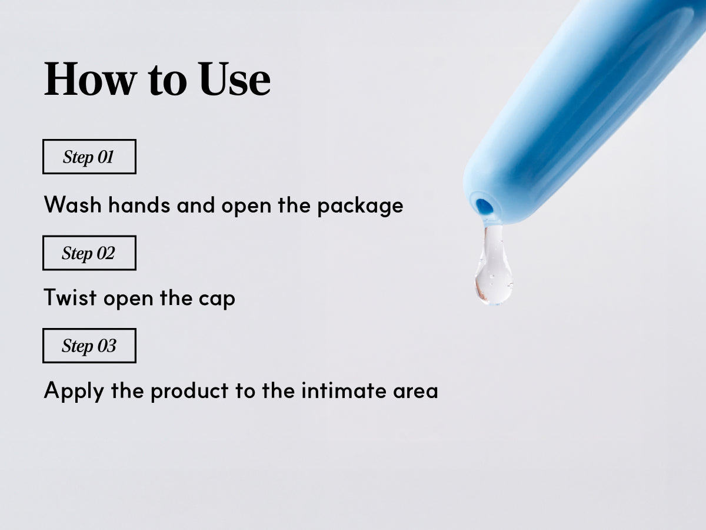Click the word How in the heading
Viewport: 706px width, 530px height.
point(91,79)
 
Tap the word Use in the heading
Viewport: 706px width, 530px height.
point(235,79)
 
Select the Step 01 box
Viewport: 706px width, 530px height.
point(89,157)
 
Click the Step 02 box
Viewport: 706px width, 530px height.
point(89,253)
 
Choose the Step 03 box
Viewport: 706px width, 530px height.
point(89,346)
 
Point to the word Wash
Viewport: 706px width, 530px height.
point(73,204)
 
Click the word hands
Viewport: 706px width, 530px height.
point(139,204)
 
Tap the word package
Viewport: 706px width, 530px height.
point(360,206)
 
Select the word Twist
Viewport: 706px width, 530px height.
point(70,297)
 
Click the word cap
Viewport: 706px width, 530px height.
point(217,299)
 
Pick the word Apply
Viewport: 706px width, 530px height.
point(74,392)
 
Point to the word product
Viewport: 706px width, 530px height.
point(190,392)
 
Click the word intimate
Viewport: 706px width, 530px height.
point(344,390)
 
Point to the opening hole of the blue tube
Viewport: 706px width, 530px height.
point(484,207)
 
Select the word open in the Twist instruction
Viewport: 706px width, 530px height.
point(128,299)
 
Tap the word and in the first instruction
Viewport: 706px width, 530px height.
point(195,204)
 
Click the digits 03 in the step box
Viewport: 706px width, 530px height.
point(107,346)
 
